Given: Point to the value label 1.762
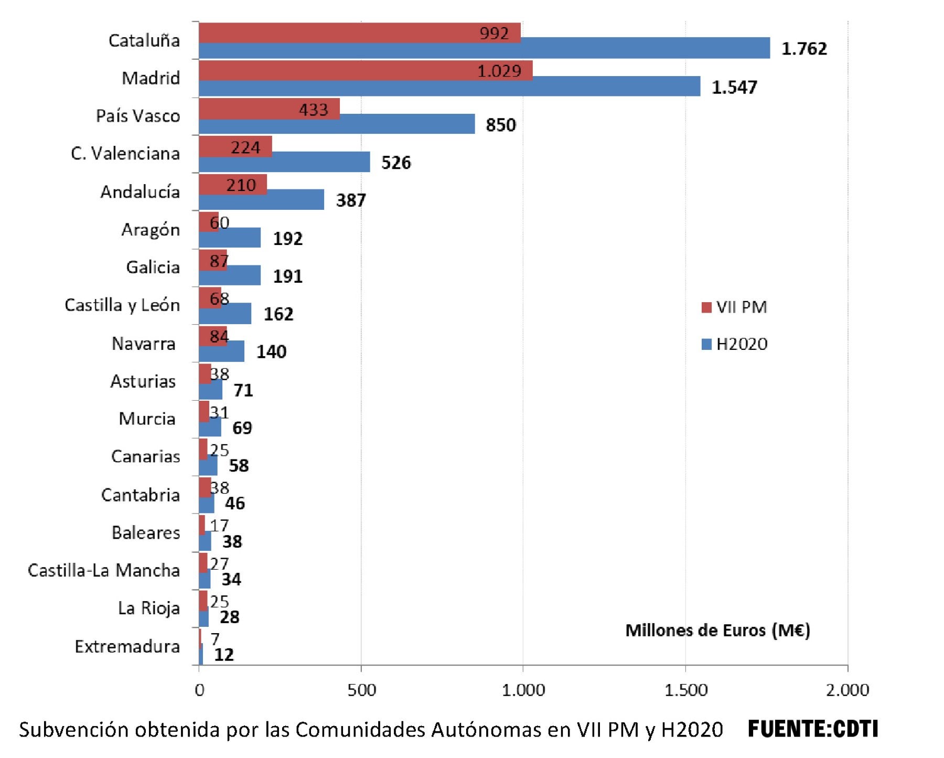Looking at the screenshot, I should pyautogui.click(x=804, y=49).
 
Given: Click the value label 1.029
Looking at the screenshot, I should pyautogui.click(x=499, y=71).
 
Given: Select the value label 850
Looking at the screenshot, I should pyautogui.click(x=500, y=125).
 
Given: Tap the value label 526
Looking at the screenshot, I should pyautogui.click(x=396, y=163).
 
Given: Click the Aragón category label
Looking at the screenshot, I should pyautogui.click(x=151, y=230).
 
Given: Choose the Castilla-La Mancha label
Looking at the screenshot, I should pyautogui.click(x=104, y=570).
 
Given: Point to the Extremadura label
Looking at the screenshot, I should pyautogui.click(x=127, y=646).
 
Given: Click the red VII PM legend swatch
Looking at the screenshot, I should pyautogui.click(x=706, y=307).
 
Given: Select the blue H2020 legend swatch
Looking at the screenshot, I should pyautogui.click(x=706, y=344).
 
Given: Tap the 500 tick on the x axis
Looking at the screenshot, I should pyautogui.click(x=361, y=690).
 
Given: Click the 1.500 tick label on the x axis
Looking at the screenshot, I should pyautogui.click(x=685, y=690).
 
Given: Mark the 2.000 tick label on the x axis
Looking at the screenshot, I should pyautogui.click(x=847, y=690).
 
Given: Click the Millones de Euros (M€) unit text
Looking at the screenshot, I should pyautogui.click(x=717, y=630).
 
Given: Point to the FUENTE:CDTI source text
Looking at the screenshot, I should pyautogui.click(x=812, y=729).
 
